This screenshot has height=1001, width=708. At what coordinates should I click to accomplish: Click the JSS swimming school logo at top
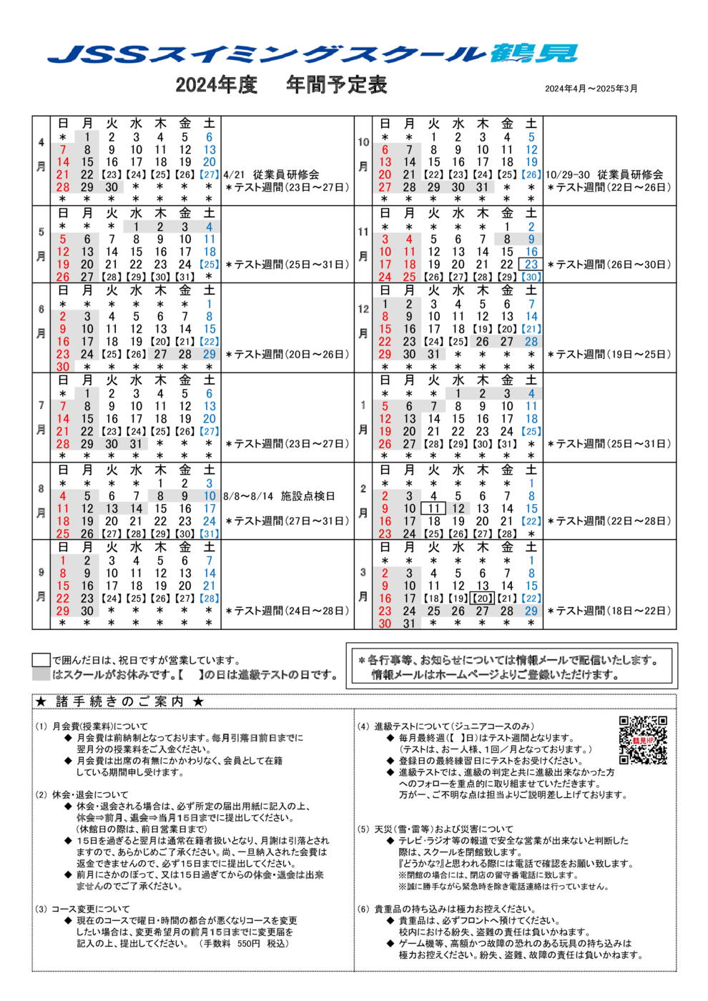(313, 54)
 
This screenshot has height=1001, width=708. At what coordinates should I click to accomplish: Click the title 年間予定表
(336, 85)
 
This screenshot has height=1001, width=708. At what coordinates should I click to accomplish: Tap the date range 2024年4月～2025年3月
(591, 89)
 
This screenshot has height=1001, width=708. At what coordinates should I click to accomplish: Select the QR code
(643, 740)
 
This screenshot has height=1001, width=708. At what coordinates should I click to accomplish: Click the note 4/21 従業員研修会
(271, 174)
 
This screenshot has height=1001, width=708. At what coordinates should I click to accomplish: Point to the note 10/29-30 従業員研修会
(604, 174)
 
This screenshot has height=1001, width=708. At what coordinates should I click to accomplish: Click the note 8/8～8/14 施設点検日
(279, 496)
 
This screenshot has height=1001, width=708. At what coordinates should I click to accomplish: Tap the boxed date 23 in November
(531, 265)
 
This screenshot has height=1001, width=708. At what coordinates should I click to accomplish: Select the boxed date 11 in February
(433, 509)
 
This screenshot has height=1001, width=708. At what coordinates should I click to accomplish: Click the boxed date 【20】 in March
(482, 598)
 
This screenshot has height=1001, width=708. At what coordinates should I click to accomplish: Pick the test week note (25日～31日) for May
(287, 265)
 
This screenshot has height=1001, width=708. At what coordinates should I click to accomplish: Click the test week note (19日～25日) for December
(609, 355)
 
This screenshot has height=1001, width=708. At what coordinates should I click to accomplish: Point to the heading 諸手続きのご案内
(119, 701)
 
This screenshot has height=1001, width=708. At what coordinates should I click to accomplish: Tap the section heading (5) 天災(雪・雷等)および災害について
(435, 829)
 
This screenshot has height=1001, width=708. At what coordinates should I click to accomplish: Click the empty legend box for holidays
(41, 660)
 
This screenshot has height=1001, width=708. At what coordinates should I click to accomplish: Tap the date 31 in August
(209, 534)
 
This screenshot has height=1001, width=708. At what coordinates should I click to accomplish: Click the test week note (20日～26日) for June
(287, 355)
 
